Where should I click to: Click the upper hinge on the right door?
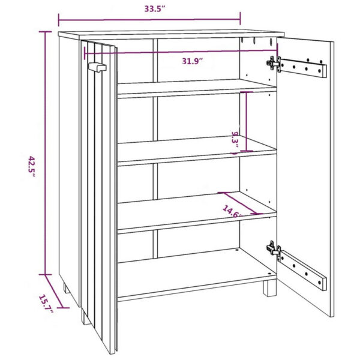(x=274, y=63)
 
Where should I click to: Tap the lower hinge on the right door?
(x=274, y=248)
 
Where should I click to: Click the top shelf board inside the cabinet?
(x=197, y=88)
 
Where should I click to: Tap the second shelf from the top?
(x=197, y=149)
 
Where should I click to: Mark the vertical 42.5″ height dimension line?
(x=44, y=150)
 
